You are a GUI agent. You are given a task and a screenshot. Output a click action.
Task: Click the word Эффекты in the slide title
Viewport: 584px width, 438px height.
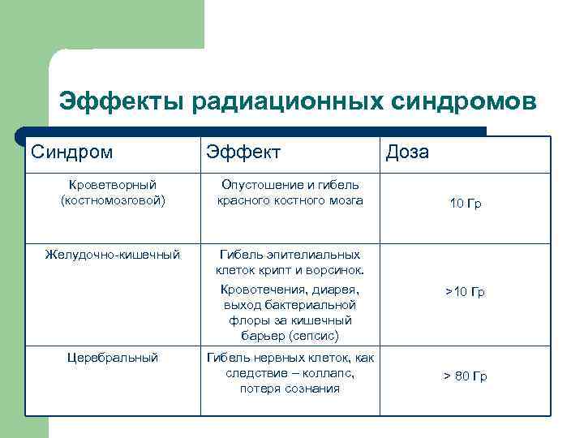click(122, 103)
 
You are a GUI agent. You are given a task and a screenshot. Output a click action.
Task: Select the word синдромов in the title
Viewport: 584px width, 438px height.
click(464, 103)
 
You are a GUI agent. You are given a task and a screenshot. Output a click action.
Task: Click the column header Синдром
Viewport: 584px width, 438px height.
click(72, 152)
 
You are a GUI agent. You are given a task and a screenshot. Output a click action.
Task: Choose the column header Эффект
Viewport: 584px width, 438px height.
click(243, 152)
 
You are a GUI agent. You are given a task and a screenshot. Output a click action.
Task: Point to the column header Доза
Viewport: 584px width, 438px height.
click(408, 152)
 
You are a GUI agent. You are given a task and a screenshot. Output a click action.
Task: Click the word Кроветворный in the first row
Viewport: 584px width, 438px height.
click(113, 185)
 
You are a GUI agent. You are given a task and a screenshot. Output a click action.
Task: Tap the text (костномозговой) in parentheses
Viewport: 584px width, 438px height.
click(113, 200)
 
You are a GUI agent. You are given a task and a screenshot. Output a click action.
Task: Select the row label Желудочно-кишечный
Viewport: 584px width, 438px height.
click(113, 255)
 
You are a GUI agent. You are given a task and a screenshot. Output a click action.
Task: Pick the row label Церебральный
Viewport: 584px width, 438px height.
click(113, 357)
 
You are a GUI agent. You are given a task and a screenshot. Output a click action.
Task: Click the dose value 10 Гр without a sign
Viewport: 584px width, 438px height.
click(466, 204)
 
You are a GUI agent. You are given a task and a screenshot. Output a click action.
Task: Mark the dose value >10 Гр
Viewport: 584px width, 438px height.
click(465, 292)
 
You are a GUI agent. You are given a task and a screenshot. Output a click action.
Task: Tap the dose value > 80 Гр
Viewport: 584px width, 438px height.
click(465, 376)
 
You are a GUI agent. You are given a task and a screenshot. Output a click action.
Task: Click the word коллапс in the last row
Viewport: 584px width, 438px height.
click(328, 373)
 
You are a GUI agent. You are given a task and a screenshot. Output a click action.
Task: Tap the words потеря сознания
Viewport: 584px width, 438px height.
click(290, 389)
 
